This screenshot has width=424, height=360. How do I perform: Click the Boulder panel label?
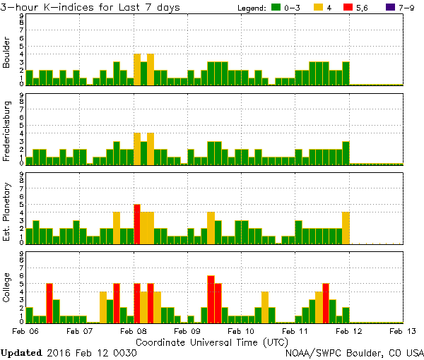coord(7,54)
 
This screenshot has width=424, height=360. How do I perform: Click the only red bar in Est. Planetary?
coord(137,224)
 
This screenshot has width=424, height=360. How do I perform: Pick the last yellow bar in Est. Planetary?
coord(346,227)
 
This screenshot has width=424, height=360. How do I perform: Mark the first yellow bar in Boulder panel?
coord(137,69)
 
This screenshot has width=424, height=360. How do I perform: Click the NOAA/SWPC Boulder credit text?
coord(354,352)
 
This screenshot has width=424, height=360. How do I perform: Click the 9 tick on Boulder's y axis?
coord(21,16)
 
